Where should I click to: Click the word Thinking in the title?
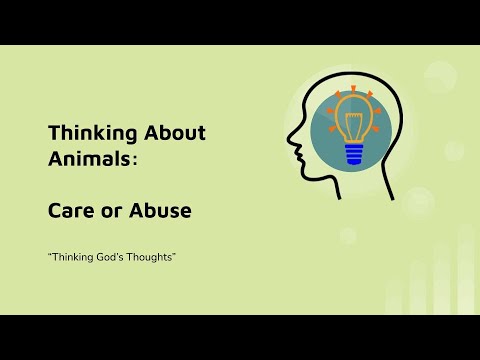point(84,132)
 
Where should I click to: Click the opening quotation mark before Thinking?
point(47,256)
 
